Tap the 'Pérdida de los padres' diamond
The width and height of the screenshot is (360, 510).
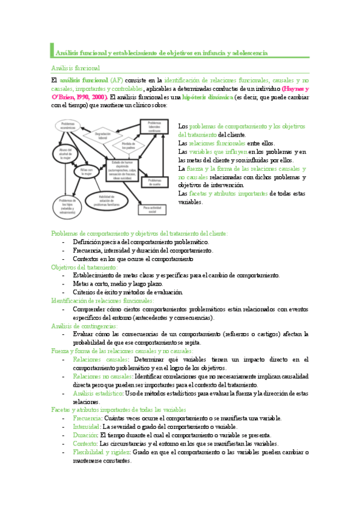pos(129,145)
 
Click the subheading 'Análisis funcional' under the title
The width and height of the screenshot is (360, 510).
pos(75,68)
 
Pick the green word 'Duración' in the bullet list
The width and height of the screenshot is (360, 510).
pos(85,435)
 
